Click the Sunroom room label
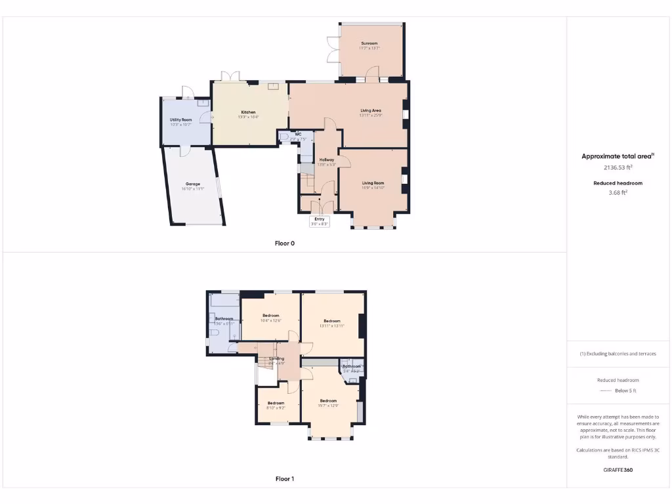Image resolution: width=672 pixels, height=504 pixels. (x=369, y=43)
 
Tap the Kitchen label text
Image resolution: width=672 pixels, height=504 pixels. (x=247, y=112)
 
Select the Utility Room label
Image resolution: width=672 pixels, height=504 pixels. (x=180, y=120)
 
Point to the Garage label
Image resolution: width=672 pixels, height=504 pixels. (x=192, y=184)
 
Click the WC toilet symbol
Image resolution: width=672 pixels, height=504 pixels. (x=283, y=138)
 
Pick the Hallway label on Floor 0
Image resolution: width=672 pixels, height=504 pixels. (x=327, y=159)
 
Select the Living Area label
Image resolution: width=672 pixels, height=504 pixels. (x=371, y=110)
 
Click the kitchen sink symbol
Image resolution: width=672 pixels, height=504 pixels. (x=273, y=85)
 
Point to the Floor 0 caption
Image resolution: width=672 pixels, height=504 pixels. (x=284, y=243)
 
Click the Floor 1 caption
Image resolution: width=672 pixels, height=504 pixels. (x=284, y=479)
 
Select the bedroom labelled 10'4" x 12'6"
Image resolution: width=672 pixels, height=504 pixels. (x=270, y=318)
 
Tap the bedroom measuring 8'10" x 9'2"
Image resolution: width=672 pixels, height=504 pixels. (x=276, y=405)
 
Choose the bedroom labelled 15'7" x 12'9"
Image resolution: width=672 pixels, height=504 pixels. (x=328, y=403)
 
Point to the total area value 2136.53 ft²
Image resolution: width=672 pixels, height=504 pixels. (x=617, y=167)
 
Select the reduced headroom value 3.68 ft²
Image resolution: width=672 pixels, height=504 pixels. (x=618, y=193)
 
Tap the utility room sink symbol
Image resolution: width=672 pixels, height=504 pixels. (x=203, y=103)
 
